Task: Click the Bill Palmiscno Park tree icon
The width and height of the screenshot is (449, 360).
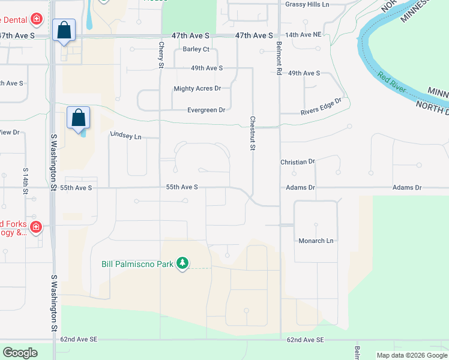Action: (182, 263)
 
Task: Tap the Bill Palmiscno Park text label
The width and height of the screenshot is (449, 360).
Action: (137, 263)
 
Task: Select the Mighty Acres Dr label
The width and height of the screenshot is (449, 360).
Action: (197, 89)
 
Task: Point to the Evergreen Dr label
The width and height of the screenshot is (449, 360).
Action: (206, 110)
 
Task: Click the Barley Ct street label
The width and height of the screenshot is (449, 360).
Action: (196, 49)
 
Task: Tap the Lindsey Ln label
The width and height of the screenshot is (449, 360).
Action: (125, 136)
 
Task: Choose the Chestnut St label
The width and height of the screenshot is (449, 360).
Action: (253, 133)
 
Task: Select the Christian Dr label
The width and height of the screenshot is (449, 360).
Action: (298, 162)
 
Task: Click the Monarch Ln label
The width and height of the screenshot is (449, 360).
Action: (316, 241)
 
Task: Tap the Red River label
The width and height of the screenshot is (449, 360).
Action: (392, 85)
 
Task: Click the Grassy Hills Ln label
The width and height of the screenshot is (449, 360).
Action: (307, 5)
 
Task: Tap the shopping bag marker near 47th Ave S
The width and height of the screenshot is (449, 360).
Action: (64, 31)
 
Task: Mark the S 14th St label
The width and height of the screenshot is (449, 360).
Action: (26, 181)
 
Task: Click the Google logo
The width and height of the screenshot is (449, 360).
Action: (20, 352)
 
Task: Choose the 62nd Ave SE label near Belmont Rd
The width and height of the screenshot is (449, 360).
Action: (305, 340)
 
